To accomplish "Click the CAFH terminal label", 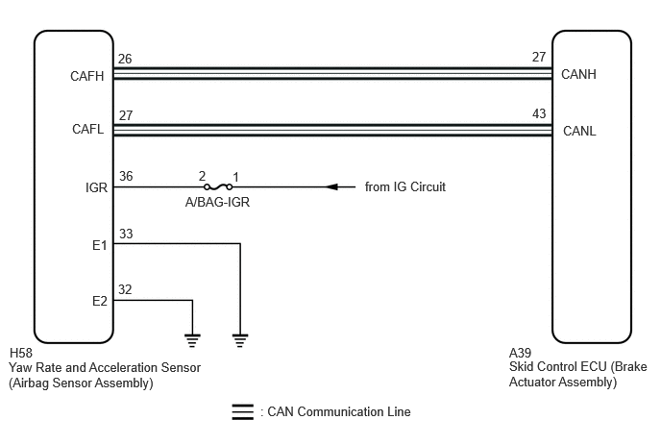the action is pyautogui.click(x=86, y=76).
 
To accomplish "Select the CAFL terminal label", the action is pyautogui.click(x=87, y=129).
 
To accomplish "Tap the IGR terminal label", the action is pyautogui.click(x=96, y=187).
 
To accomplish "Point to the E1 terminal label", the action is pyautogui.click(x=100, y=245).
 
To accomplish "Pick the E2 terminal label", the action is pyautogui.click(x=100, y=301).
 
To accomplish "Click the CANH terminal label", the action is pyautogui.click(x=578, y=74).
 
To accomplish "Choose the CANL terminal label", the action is pyautogui.click(x=579, y=131).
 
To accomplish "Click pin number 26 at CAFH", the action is pyautogui.click(x=125, y=59).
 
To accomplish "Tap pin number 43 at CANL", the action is pyautogui.click(x=539, y=113).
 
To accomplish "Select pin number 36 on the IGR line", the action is pyautogui.click(x=126, y=176).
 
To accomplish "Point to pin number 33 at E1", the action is pyautogui.click(x=126, y=234).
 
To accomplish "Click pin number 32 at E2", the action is pyautogui.click(x=125, y=289).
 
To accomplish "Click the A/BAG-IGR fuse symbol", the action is pyautogui.click(x=218, y=186).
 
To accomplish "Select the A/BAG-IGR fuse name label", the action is pyautogui.click(x=217, y=202).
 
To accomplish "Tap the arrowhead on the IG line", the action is pyautogui.click(x=332, y=186).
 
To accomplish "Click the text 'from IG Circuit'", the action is pyautogui.click(x=405, y=186).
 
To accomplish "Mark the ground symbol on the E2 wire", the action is pyautogui.click(x=192, y=340).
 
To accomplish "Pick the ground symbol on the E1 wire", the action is pyautogui.click(x=240, y=340).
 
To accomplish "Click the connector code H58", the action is pyautogui.click(x=21, y=353).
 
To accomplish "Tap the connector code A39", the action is pyautogui.click(x=520, y=353).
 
